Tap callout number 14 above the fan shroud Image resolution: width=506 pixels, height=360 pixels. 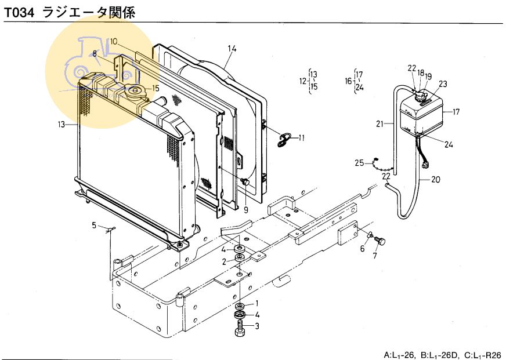tap(232, 48)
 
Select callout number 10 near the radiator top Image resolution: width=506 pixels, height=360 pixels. tap(114, 41)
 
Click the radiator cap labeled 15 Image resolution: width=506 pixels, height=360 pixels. tap(137, 90)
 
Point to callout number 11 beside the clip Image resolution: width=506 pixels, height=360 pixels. tap(301, 138)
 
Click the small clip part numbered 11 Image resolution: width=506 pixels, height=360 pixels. tap(284, 139)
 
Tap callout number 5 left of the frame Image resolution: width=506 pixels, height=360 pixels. tap(93, 224)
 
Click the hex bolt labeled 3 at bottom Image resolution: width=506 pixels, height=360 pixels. tap(239, 330)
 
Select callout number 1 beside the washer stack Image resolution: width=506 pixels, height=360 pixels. tap(257, 304)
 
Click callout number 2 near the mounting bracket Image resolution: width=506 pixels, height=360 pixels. tap(224, 262)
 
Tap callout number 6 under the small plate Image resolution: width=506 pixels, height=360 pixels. tap(362, 249)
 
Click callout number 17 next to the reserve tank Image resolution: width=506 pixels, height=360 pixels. tap(456, 112)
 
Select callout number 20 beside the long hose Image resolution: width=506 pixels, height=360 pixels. tap(436, 180)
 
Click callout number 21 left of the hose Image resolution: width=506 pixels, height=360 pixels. tap(380, 123)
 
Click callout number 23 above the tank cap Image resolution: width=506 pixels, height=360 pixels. tap(443, 83)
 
